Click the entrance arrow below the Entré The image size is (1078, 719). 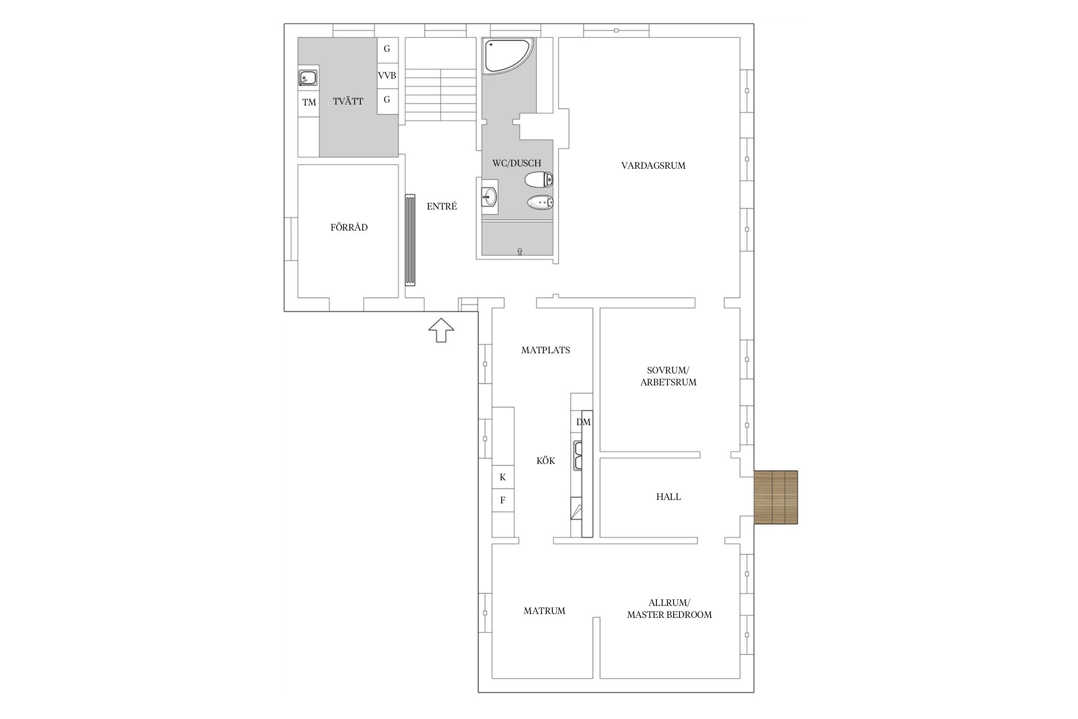441,330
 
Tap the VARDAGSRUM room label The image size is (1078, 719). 653,166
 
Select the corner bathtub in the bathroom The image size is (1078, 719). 507,57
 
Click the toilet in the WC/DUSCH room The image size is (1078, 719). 539,180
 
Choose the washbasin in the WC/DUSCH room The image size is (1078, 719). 490,197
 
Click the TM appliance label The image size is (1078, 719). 309,102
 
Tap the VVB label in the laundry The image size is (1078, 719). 387,76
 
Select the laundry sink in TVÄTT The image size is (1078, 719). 308,77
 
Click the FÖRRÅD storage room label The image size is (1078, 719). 349,228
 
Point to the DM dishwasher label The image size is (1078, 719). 584,422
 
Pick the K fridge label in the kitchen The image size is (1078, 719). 503,477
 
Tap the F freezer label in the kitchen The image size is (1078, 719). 503,500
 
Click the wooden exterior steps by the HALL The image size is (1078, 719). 776,497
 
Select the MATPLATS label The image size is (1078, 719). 545,350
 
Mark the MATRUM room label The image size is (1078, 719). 544,611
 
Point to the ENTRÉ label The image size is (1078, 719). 442,207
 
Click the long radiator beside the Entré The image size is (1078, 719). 410,240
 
